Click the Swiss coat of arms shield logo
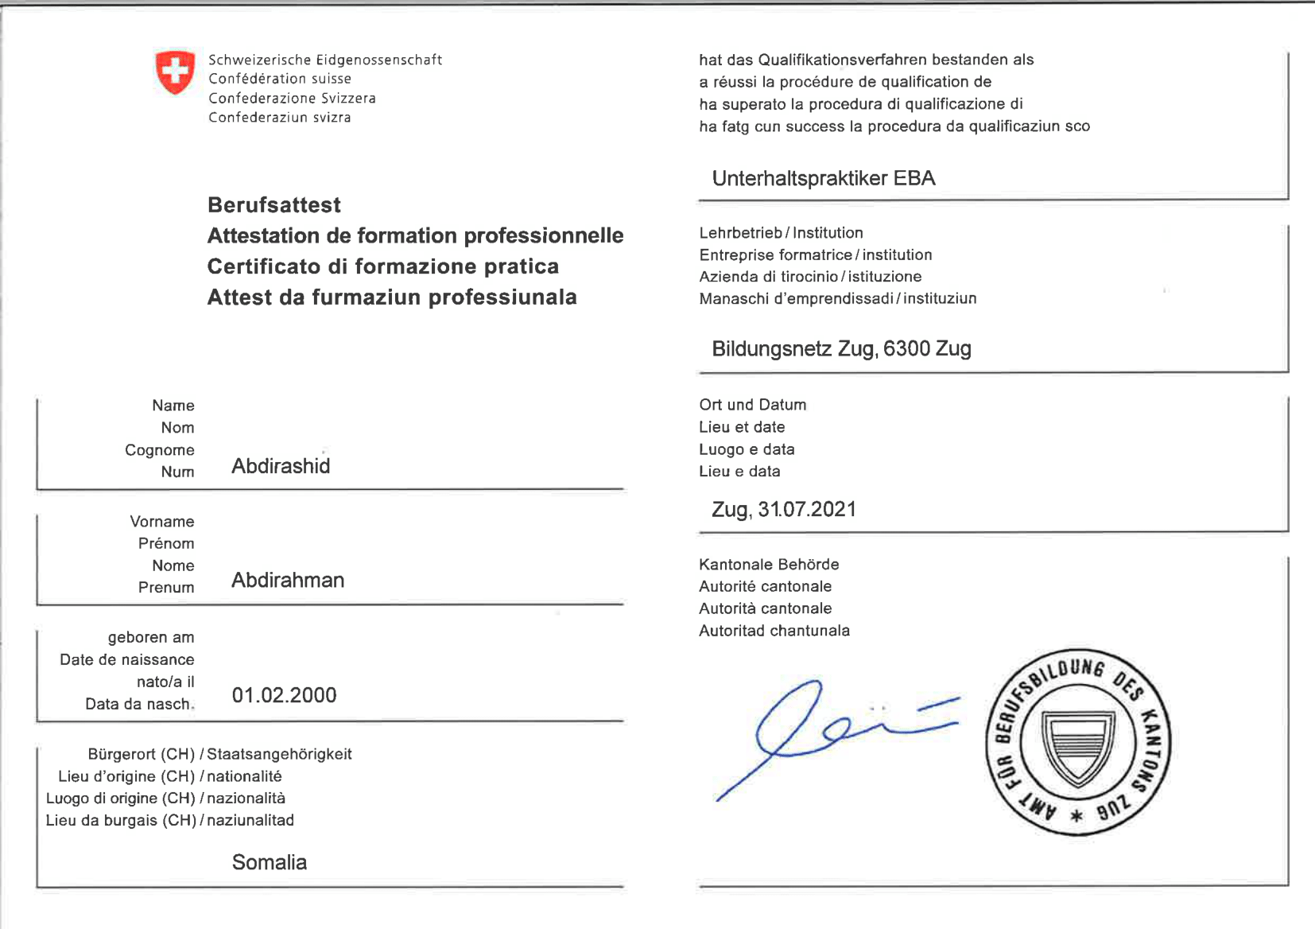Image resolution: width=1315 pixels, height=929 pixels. coord(175,72)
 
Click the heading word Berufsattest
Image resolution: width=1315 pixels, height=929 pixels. coord(274,205)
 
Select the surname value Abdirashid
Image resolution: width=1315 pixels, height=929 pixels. coord(281,466)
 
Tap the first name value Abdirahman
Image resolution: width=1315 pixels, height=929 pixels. coord(288,581)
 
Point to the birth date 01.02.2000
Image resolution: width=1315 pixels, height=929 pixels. coord(284,695)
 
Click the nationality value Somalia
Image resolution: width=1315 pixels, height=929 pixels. coord(269,862)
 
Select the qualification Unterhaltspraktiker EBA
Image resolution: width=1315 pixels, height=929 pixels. coord(824,178)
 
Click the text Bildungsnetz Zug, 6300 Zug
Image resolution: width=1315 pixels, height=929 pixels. coord(841,348)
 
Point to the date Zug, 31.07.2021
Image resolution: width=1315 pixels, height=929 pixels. coord(784,509)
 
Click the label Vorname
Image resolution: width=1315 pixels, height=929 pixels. coord(162,522)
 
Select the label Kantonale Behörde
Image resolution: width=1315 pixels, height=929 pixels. coord(769,565)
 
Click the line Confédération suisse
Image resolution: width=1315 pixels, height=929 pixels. coord(280,79)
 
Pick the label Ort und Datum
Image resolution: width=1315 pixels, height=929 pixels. coord(753,405)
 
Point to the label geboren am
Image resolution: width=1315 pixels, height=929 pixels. coord(151,638)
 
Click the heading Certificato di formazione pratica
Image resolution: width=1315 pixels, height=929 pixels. coord(383,266)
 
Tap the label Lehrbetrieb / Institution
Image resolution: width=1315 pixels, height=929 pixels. coord(781,233)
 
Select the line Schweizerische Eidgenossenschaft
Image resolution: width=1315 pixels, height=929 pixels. coord(325,60)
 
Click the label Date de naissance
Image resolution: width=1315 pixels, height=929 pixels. coord(127,660)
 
